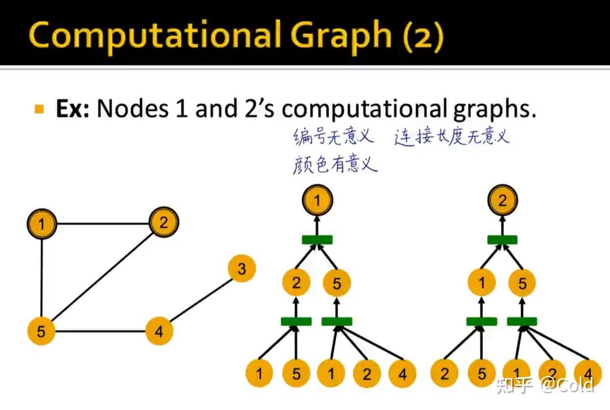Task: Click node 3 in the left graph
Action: (242, 269)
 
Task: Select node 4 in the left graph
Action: (159, 331)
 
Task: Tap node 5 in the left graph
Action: (41, 331)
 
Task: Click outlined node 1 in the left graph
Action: (42, 225)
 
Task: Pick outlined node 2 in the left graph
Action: (163, 223)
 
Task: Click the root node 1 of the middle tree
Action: (317, 201)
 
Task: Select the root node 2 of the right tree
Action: (502, 201)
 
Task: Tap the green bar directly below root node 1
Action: (317, 240)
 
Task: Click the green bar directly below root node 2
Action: (502, 240)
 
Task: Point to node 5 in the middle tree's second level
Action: (336, 283)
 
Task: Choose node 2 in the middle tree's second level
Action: (296, 283)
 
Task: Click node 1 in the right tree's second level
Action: (482, 283)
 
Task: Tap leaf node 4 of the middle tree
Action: (402, 374)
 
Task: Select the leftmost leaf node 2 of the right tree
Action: (444, 374)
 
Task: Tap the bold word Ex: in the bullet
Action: (72, 109)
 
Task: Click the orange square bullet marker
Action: (40, 108)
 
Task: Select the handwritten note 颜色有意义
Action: (335, 164)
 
